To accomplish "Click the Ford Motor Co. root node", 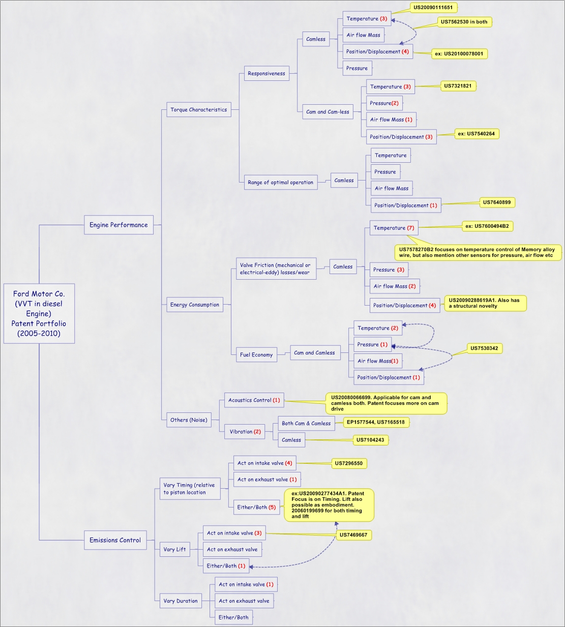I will [x=39, y=313].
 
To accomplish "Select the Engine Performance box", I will [x=118, y=225].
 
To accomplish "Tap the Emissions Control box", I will [x=115, y=540].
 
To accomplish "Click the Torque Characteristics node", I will [x=198, y=109].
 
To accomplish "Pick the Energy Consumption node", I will [x=195, y=305].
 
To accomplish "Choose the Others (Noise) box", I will [x=189, y=420].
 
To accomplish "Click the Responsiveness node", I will [x=266, y=73].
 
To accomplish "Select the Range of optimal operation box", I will [x=280, y=182].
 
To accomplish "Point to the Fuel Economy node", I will [x=256, y=354].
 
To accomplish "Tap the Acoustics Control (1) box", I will [x=254, y=400].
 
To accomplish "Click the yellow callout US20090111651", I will [x=433, y=8].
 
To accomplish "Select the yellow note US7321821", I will [x=458, y=86].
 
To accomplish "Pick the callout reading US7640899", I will [x=496, y=202].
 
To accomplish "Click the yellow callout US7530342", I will [x=484, y=348].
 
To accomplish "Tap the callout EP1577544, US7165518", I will [x=376, y=422].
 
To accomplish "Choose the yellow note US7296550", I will [x=348, y=463].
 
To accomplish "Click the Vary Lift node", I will [x=174, y=549].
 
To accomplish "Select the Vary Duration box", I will [x=181, y=601].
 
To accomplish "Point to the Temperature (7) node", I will [x=394, y=228].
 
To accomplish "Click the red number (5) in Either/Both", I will [x=272, y=507].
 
